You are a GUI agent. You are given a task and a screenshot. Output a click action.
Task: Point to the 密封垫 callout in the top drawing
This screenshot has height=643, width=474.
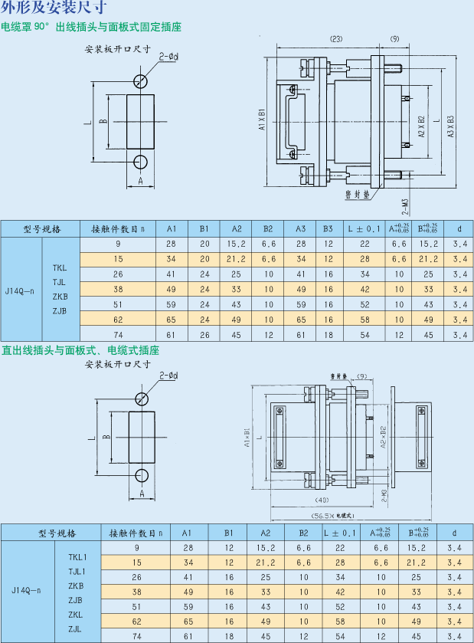(x=357, y=195)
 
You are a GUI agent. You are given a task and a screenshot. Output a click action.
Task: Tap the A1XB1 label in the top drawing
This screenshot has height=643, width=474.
(x=262, y=119)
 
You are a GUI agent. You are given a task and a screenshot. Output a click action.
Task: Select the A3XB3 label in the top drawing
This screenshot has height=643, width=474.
(x=451, y=126)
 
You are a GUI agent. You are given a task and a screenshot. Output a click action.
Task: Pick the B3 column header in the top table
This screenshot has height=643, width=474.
(x=328, y=228)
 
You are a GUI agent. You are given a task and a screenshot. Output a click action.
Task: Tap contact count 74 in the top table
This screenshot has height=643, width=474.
(x=118, y=336)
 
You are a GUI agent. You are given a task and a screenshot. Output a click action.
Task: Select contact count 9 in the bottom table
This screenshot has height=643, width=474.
(x=137, y=547)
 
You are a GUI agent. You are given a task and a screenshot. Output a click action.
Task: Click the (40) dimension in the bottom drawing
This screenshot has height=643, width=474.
(x=322, y=500)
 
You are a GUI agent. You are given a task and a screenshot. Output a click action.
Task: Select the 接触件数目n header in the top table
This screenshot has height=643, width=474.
(x=118, y=228)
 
